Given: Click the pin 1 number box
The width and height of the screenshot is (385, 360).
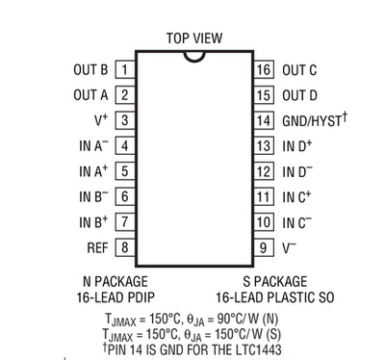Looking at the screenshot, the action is [x=125, y=69].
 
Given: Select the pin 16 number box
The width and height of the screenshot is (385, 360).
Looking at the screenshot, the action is [x=264, y=69].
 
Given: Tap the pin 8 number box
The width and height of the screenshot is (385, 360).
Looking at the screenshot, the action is [x=125, y=247].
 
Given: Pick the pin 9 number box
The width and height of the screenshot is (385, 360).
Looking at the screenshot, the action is [x=264, y=247].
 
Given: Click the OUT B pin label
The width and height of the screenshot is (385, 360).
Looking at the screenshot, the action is [x=90, y=70].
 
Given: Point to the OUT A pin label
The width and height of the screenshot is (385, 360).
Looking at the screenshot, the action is [x=90, y=95].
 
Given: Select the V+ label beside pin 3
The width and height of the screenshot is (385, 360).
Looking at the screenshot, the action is [x=101, y=119].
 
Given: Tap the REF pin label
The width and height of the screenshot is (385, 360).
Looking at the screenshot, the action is [x=97, y=247].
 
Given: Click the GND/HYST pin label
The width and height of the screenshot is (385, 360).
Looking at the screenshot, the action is [x=315, y=119].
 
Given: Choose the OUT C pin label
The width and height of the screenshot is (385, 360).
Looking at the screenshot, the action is [x=299, y=70].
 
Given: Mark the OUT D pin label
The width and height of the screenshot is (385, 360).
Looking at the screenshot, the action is [x=299, y=95].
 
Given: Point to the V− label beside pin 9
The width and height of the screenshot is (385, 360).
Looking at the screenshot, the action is [x=289, y=247].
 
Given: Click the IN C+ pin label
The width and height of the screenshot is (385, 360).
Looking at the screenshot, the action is [x=296, y=196].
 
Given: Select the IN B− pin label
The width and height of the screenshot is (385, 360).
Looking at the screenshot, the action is [x=93, y=196].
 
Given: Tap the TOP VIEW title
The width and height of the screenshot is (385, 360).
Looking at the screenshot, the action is [x=194, y=39].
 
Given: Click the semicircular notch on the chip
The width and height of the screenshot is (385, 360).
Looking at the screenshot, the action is [x=194, y=60].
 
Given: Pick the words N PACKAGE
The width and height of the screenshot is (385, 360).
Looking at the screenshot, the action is [x=115, y=281].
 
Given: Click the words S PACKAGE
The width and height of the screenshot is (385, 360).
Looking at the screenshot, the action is [x=275, y=281].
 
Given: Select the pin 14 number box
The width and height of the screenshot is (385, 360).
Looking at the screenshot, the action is [x=264, y=120].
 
